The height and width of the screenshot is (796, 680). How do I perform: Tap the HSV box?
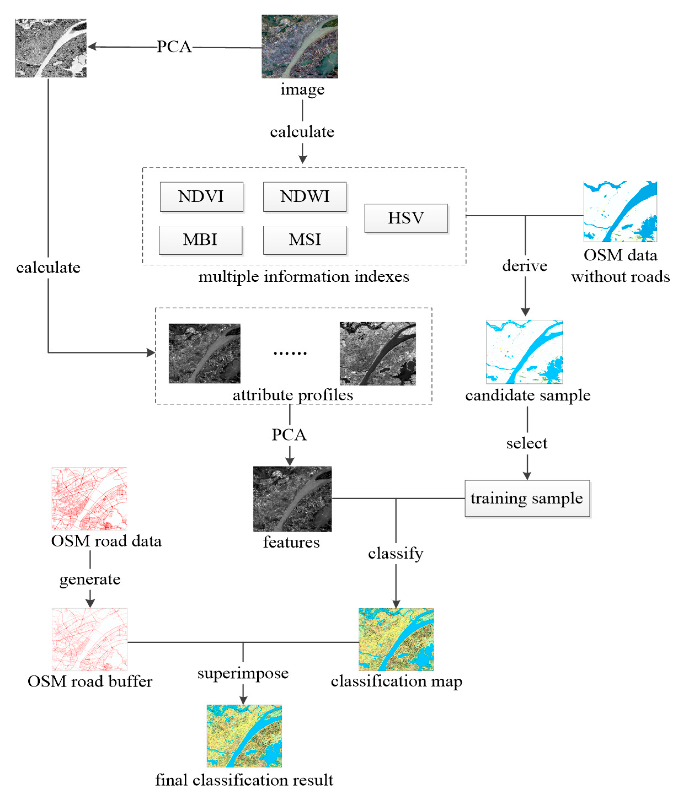click(x=406, y=218)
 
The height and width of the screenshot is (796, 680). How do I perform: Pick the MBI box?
click(x=200, y=240)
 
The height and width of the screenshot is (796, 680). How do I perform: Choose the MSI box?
click(x=304, y=240)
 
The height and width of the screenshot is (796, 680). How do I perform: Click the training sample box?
click(x=527, y=498)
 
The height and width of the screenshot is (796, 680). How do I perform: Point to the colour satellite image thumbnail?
click(x=299, y=47)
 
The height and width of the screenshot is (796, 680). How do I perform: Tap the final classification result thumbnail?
click(x=244, y=736)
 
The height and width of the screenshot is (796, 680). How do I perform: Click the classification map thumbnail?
click(x=396, y=639)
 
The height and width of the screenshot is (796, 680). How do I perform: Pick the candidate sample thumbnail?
click(x=524, y=352)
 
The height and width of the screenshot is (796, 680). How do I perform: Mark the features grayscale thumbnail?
click(x=292, y=499)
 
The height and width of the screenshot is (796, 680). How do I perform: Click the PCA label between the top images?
click(x=174, y=47)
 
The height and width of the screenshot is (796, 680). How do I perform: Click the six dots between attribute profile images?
click(x=290, y=353)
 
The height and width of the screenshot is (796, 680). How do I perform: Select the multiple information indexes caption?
click(x=304, y=277)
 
